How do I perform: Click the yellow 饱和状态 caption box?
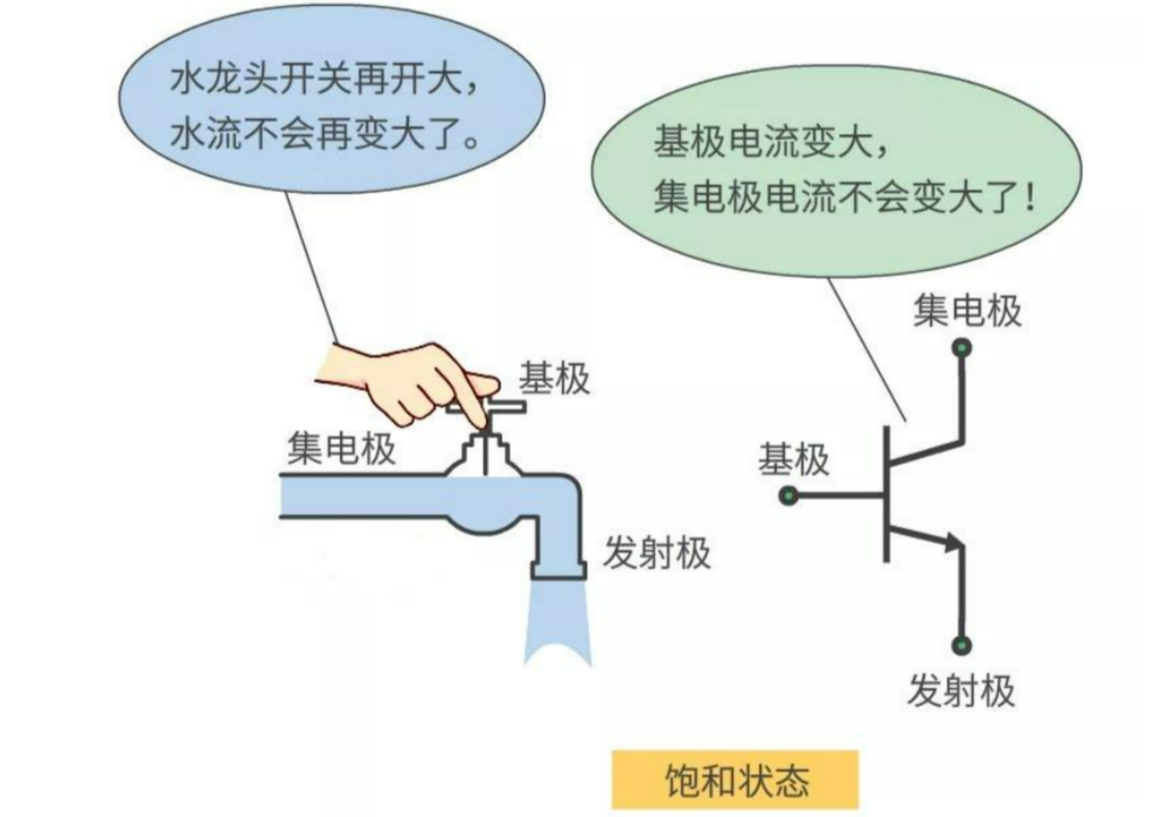coord(735,780)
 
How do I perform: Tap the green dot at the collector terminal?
coord(962,348)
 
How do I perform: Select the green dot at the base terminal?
coord(788,497)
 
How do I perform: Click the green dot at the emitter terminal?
coord(962,645)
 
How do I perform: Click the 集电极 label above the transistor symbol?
coord(967,311)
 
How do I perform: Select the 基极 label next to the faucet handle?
coord(554,379)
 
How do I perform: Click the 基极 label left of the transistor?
coord(794,460)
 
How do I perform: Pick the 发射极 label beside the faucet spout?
coord(657,553)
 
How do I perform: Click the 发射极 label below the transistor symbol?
coord(961,691)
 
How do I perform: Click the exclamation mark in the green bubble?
coord(1030,197)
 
